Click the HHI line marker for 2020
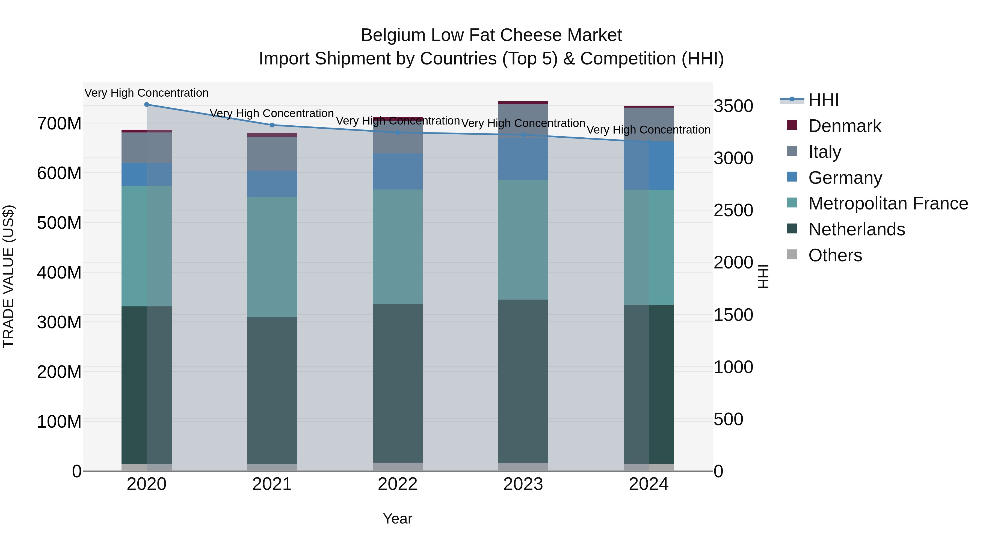pos(147,105)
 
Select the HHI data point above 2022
pos(398,132)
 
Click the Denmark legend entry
pos(845,126)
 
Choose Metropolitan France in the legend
pos(888,203)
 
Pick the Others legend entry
pos(835,255)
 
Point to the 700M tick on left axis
pos(59,124)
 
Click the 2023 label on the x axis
pos(523,484)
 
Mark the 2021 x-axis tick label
pos(272,484)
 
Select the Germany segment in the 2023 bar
pos(523,158)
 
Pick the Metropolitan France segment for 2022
pos(398,247)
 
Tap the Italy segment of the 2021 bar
pos(272,153)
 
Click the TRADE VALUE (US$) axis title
pos(8,276)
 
